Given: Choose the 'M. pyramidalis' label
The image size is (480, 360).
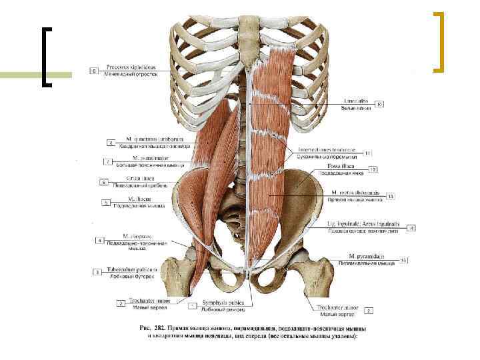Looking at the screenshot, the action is point(366,255).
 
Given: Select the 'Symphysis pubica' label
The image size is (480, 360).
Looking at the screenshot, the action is point(223,303).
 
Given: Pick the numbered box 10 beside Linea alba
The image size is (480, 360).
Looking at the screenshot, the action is point(379,104).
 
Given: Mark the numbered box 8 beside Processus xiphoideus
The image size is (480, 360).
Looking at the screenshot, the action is point(94,70).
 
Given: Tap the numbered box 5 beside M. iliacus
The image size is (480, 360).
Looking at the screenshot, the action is point(105,202).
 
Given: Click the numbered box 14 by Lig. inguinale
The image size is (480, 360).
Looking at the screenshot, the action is point(412,227).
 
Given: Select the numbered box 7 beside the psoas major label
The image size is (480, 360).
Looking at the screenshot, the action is point(107,161).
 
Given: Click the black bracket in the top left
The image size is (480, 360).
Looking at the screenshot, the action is point(47,57).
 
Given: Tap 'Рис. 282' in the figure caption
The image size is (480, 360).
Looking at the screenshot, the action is point(153,328).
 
